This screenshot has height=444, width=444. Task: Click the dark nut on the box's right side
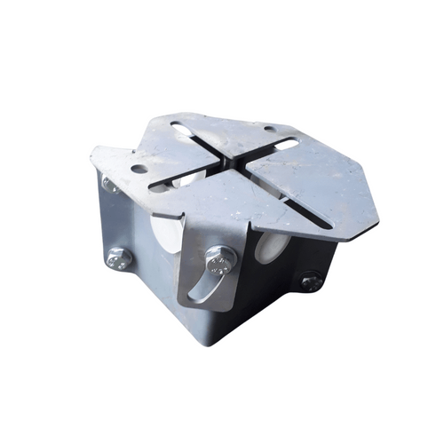(x=311, y=282)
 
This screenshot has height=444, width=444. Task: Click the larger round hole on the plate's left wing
(x=139, y=168)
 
